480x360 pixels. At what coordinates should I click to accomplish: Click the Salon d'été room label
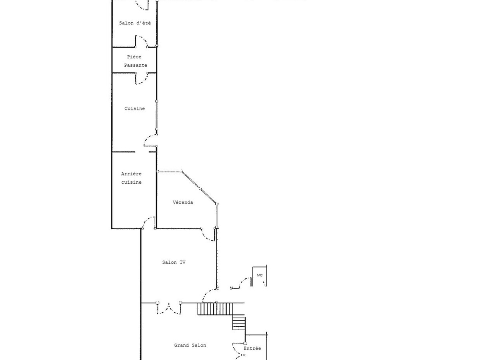pos(135,23)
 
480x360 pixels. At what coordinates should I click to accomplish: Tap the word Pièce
pos(134,57)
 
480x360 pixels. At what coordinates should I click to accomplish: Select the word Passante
pos(136,65)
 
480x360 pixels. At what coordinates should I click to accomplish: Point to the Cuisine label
pos(134,108)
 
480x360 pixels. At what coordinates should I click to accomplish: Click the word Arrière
pos(131,174)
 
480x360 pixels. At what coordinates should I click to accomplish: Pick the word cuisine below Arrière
pos(131,182)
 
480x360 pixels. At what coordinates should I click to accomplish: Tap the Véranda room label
pos(183,202)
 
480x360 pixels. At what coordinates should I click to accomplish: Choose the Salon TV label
pos(174,262)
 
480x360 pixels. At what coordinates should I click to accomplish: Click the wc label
pos(260,275)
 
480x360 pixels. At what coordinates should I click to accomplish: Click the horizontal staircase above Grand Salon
pos(215,309)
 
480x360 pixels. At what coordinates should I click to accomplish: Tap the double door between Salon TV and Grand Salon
pos(169,308)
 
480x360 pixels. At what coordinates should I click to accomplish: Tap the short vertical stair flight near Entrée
pos(239,322)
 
